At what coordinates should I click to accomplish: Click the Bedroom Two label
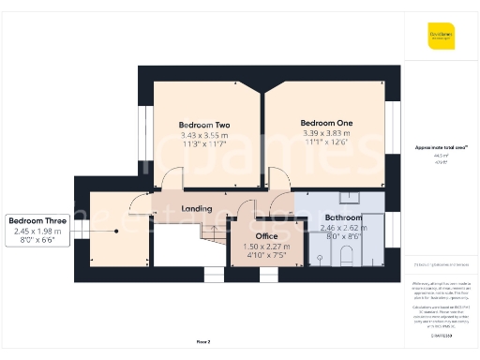[204, 125]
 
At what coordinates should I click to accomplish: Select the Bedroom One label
[326, 123]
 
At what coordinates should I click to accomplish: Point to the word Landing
[196, 208]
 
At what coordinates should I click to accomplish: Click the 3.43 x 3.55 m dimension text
[204, 135]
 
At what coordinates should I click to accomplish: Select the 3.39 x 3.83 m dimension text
[326, 133]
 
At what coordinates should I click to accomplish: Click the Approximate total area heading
[442, 147]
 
